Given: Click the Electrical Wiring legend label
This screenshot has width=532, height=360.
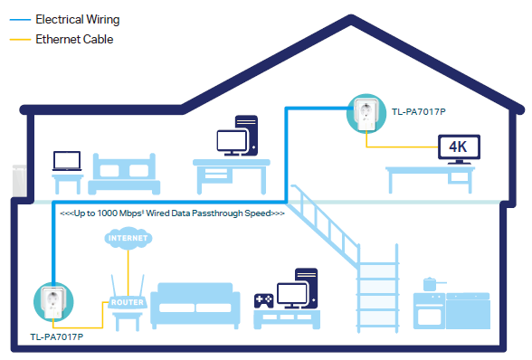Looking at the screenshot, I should click(x=77, y=19).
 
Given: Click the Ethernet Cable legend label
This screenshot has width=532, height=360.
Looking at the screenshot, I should click(x=72, y=40).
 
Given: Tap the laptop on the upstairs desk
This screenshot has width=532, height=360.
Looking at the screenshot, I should click(x=65, y=162).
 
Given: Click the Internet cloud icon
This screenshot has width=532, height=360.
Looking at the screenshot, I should click(x=124, y=239).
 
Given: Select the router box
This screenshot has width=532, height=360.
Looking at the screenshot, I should click(x=126, y=303).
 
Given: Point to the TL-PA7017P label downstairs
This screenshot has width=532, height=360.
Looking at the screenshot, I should click(x=56, y=337).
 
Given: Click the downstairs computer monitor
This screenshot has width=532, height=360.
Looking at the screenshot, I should click(x=292, y=294).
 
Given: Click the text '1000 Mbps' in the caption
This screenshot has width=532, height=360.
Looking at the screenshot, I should click(x=136, y=213).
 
